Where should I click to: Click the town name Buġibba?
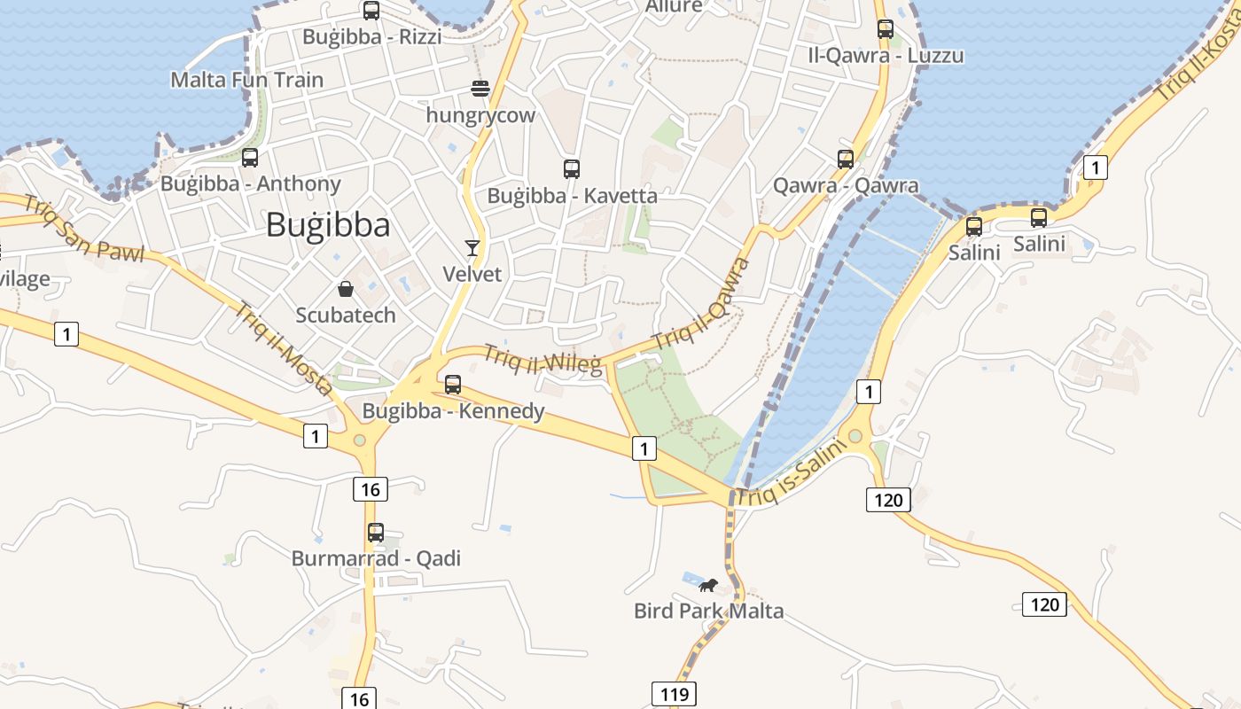tap(328, 225)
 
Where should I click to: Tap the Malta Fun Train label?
tap(247, 80)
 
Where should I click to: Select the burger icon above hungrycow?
tap(480, 89)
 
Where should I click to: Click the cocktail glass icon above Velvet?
tap(472, 248)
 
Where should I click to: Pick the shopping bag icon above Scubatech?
tap(346, 289)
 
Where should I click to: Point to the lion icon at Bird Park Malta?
tap(707, 585)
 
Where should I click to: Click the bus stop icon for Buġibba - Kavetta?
tap(572, 168)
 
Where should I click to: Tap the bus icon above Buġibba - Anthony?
tap(250, 158)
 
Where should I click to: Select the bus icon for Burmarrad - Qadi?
tap(376, 533)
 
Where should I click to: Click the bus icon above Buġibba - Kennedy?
tap(453, 385)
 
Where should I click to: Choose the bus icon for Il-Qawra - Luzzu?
tap(886, 28)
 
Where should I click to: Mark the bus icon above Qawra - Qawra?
tap(846, 160)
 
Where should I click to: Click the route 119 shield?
tap(674, 693)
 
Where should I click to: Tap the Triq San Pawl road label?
tap(83, 229)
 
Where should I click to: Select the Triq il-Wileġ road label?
tap(542, 358)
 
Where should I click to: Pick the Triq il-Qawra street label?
tap(701, 304)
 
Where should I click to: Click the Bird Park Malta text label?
tap(708, 611)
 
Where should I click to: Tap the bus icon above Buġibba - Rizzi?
tap(371, 11)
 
